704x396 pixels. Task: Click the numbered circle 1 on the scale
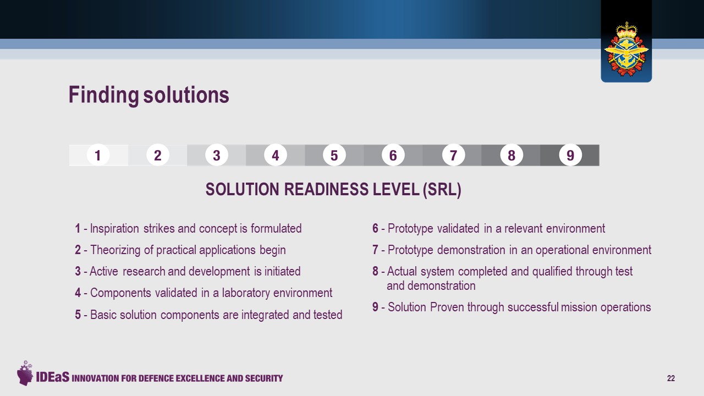pos(98,155)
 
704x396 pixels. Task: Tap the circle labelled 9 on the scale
pos(570,155)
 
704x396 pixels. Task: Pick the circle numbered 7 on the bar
pos(453,155)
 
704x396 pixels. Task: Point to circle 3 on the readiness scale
pos(216,155)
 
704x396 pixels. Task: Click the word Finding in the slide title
pos(104,95)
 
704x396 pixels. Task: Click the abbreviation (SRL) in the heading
pos(442,190)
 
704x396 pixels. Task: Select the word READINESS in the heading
pos(327,190)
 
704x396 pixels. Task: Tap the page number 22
pos(670,378)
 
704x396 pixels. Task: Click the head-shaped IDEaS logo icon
pos(25,373)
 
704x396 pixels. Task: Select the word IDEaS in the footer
pos(52,377)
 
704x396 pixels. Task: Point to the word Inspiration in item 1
pos(114,229)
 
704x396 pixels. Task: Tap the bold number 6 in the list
pos(375,228)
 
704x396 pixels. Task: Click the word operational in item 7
pos(562,250)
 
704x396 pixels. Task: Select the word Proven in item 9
pos(447,307)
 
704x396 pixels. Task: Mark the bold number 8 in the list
pos(375,271)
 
